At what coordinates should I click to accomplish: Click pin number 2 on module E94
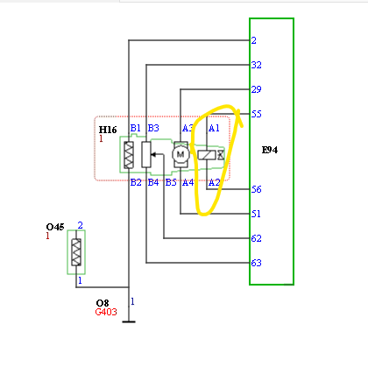253,40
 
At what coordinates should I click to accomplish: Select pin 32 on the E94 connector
256,65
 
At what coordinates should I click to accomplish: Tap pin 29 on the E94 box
256,89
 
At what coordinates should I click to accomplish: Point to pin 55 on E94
256,114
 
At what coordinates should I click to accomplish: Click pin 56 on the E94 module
256,189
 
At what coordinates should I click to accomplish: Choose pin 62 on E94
256,238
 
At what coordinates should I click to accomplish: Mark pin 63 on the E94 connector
256,263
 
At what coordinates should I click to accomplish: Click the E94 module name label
270,150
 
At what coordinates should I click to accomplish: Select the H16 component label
108,130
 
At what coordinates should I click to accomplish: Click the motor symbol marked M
180,154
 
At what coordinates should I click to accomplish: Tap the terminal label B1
135,128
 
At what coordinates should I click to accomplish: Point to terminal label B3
153,128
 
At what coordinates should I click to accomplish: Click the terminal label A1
214,128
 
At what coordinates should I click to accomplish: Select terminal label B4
153,182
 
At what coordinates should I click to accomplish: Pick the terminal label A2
214,182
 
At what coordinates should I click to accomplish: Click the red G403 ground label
106,312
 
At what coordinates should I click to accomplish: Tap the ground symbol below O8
129,321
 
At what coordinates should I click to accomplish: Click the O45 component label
55,227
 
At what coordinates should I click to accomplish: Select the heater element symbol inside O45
76,252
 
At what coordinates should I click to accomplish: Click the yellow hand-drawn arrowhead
239,116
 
